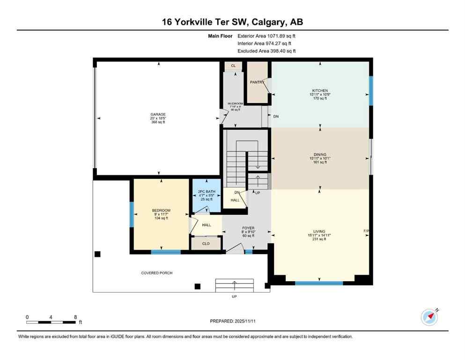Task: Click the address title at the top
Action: [x=232, y=22]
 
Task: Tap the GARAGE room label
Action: [x=158, y=114]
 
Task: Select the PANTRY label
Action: [x=257, y=82]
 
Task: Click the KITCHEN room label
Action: [x=320, y=90]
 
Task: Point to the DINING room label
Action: [x=320, y=155]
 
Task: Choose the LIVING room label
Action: [x=320, y=231]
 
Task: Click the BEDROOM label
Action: [x=161, y=210]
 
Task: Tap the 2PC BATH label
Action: [x=206, y=192]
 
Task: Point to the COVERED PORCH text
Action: [x=157, y=273]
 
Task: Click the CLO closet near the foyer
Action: [x=206, y=244]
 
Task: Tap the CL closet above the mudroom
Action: [x=233, y=66]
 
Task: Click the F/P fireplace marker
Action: [x=367, y=231]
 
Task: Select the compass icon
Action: [x=429, y=317]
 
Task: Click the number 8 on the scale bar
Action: [x=75, y=317]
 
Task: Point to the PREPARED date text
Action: [x=232, y=321]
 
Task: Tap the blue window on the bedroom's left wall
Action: [x=132, y=214]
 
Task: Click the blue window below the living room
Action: [x=318, y=283]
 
